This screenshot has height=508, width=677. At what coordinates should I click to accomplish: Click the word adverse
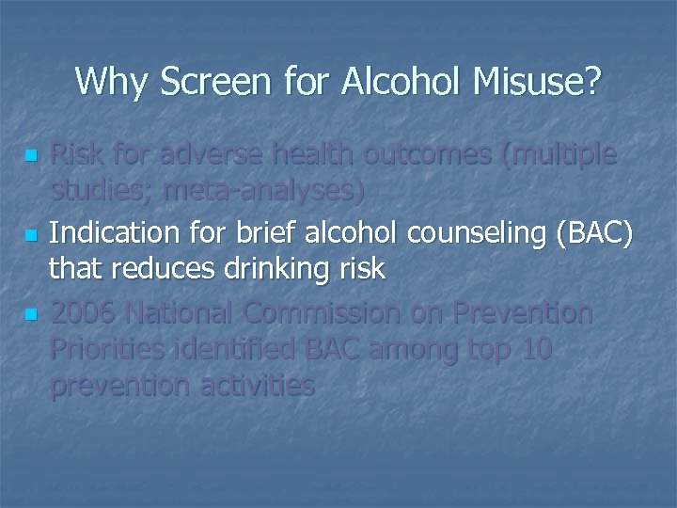point(212,153)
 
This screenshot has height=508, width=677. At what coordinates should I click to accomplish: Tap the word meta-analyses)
point(263,192)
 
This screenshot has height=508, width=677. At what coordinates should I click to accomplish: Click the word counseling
point(485,231)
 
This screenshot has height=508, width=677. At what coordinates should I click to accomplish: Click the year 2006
point(84,310)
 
